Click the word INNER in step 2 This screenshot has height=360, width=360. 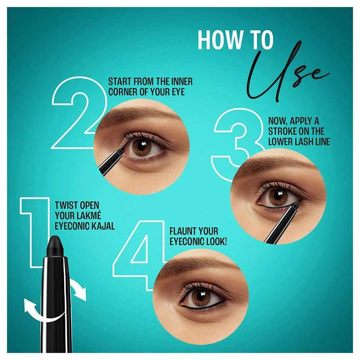pyautogui.click(x=181, y=82)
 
